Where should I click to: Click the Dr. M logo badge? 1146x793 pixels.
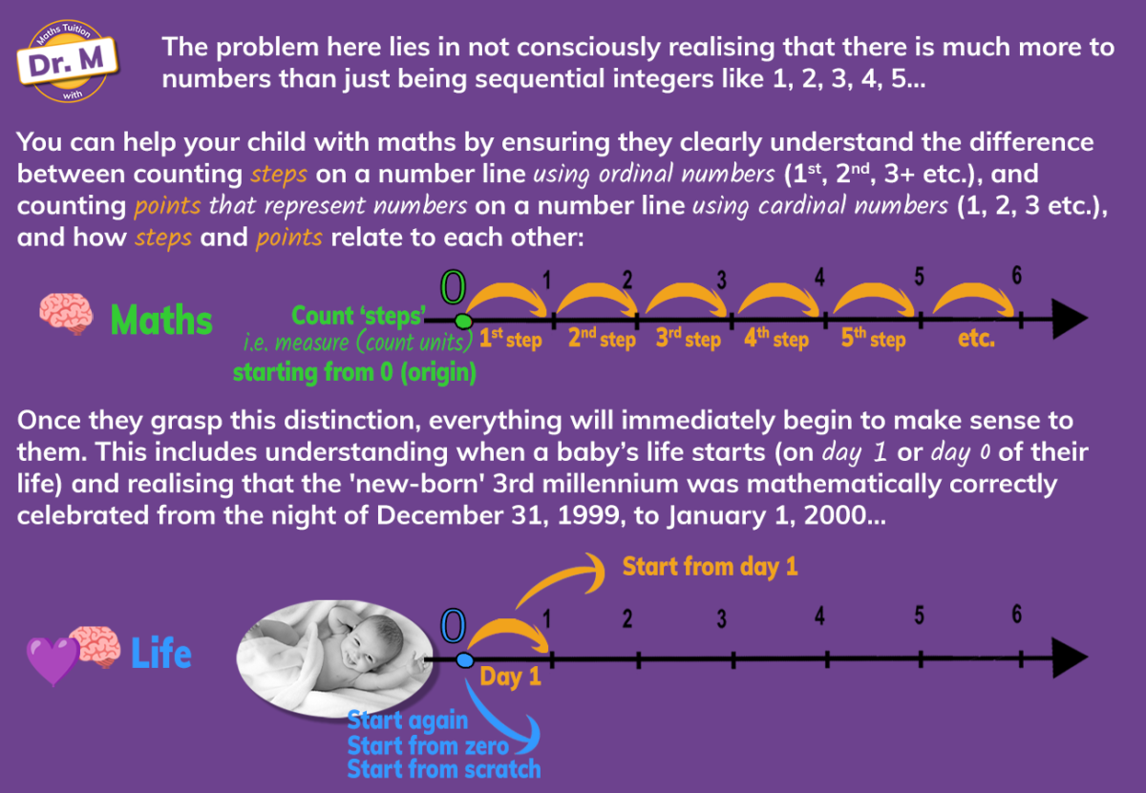68,61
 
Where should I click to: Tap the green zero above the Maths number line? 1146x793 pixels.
454,287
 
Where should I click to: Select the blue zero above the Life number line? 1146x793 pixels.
454,626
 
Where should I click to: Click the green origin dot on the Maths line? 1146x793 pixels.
463,321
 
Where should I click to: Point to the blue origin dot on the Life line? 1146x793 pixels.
464,660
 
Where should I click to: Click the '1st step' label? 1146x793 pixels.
511,339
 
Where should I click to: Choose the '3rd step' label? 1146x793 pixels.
689,339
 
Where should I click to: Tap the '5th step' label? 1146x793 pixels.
873,339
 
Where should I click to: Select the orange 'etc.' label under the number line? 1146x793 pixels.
976,338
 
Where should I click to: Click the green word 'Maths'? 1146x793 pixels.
161,321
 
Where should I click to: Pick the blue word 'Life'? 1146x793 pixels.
161,653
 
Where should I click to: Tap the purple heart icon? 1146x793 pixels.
53,660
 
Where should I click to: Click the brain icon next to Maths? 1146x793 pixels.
67,313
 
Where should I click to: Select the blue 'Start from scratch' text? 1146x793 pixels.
444,769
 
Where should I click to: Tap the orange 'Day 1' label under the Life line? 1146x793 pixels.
511,677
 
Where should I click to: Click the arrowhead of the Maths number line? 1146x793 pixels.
1070,319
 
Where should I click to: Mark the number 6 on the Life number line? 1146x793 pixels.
1016,614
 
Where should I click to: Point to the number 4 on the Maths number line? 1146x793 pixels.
819,277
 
